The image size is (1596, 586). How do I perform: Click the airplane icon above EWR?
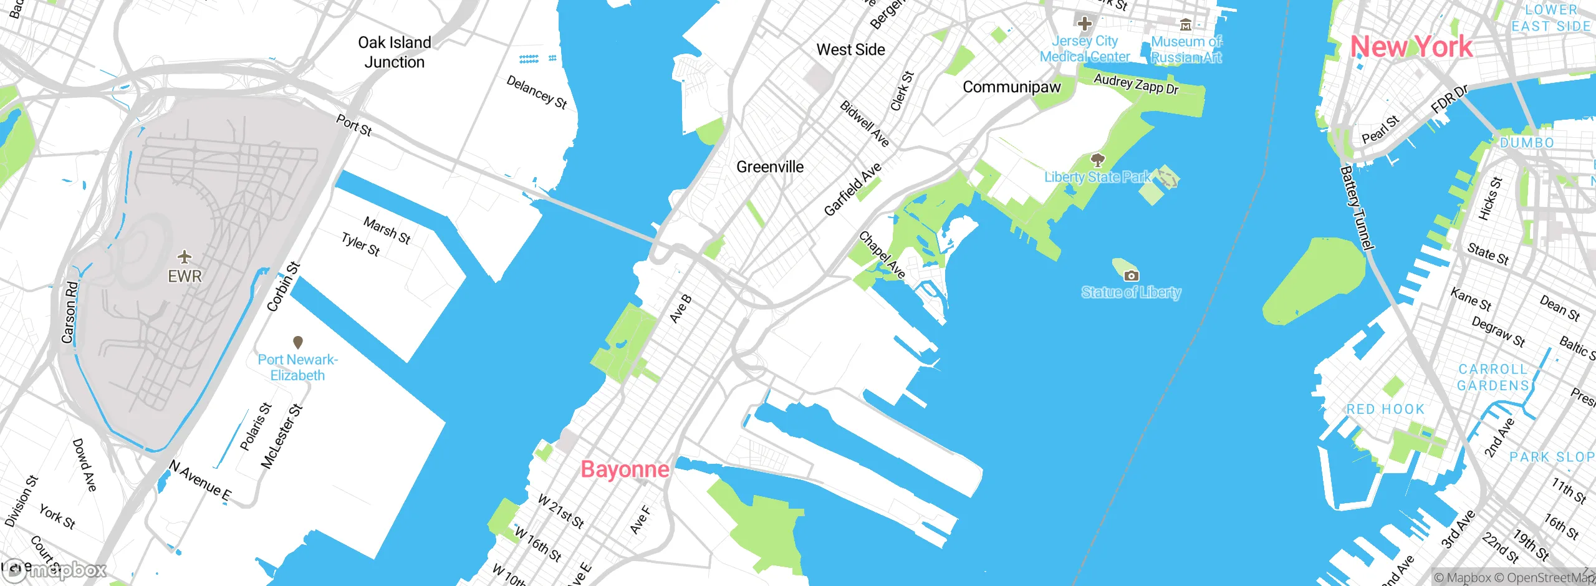pos(185,256)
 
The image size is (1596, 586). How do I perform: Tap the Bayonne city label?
pos(625,469)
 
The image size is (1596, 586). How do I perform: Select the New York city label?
pos(1411,47)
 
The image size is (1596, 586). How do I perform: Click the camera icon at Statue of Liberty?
pos(1131,276)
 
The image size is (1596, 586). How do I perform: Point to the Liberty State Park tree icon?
pos(1098,160)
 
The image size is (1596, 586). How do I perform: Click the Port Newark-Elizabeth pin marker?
pos(298,342)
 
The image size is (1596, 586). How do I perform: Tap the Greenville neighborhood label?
pos(770,167)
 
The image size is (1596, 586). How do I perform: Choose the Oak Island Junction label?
pos(394,52)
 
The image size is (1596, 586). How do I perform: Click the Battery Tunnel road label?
pos(1357,208)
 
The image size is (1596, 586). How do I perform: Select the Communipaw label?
pos(1011,87)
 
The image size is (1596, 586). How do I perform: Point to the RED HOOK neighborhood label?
pos(1385,410)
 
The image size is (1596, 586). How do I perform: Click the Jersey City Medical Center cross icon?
pos(1084,24)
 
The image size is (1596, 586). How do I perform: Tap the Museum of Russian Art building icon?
pos(1186,25)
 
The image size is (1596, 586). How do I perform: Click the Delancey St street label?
pos(536,93)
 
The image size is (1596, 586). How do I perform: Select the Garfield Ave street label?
pos(852,189)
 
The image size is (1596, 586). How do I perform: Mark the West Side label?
pos(850,50)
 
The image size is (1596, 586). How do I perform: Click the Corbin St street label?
pos(284,287)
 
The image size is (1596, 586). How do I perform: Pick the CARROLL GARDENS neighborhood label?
pos(1493,377)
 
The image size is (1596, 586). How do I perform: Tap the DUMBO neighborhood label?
pos(1526,143)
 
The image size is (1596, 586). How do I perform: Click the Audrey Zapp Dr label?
pos(1136,84)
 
